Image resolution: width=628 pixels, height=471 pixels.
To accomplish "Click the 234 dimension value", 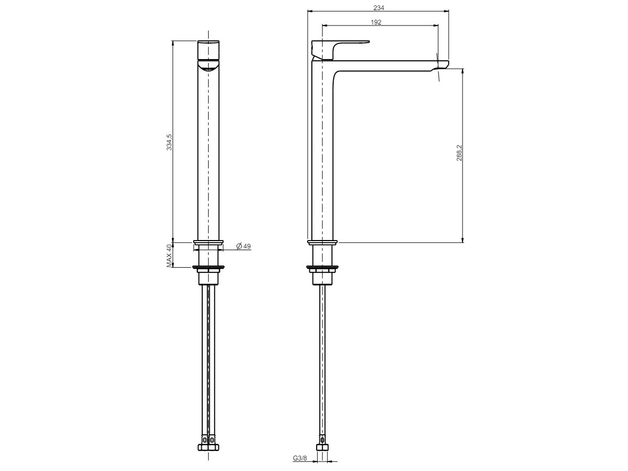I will point(378,8).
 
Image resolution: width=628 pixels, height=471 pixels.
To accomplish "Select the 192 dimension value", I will point(376,22).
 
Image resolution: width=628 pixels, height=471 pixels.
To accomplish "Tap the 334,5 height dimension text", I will point(169,142).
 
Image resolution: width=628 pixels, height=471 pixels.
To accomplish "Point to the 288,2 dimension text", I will point(459,153).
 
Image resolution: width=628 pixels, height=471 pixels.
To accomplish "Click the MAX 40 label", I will point(169,255).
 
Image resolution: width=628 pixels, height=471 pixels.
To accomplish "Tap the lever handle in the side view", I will point(346,43).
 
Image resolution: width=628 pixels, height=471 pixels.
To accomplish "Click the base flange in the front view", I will point(208,243).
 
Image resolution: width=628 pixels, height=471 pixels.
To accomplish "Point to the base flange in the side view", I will point(322,243).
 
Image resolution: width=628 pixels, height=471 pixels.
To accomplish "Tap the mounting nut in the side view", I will point(322,277).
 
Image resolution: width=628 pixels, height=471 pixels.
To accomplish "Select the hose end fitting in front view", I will point(208,443).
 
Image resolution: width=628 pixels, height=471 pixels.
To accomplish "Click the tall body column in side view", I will point(322,154).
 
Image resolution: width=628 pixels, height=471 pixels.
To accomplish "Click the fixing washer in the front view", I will point(208,267).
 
